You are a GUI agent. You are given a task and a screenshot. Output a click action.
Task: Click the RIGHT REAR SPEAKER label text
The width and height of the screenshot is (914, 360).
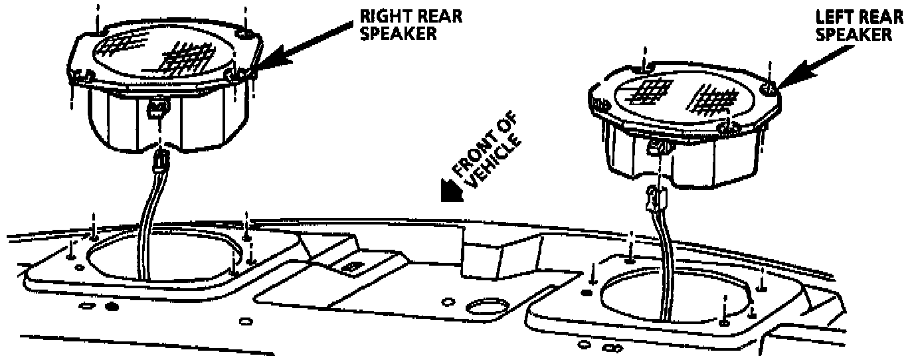click(x=410, y=25)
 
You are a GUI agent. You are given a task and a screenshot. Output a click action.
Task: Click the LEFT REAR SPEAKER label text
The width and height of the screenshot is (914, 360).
click(x=859, y=25)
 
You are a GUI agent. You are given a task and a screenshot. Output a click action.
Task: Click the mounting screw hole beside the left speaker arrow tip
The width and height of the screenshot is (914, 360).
click(x=768, y=87)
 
